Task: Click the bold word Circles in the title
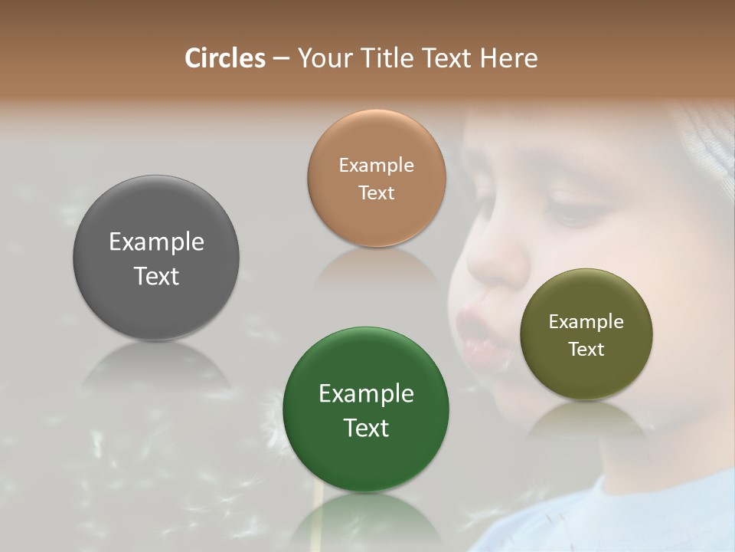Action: tap(224, 58)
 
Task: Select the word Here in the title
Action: tap(509, 58)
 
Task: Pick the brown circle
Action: tap(376, 138)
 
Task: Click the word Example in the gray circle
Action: tap(156, 242)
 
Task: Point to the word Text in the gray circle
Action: tap(156, 276)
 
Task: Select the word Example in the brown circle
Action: tap(376, 165)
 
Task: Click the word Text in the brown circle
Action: tap(376, 192)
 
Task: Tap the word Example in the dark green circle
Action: tap(366, 393)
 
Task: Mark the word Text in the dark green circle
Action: tap(366, 428)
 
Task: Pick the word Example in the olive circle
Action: tap(586, 321)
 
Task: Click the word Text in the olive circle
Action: tap(586, 349)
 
